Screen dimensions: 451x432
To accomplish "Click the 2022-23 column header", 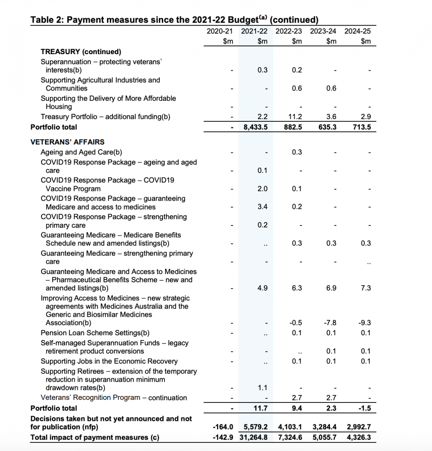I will [x=288, y=31].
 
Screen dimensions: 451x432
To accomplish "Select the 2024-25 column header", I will [x=357, y=31].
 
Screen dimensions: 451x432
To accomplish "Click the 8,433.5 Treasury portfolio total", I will [x=256, y=127].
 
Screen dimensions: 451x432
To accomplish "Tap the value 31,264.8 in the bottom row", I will [x=256, y=437].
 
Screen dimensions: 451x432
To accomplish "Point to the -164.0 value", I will [x=223, y=427].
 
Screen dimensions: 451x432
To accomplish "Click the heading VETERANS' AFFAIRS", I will [x=67, y=142].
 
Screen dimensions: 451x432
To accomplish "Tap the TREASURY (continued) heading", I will [x=81, y=52].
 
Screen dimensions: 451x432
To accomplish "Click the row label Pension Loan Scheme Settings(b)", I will [x=95, y=333].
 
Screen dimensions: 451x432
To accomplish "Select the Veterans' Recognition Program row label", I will [x=114, y=398].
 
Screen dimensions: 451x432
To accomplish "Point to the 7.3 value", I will [x=365, y=288].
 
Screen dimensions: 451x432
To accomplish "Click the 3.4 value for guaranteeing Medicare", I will [x=262, y=207].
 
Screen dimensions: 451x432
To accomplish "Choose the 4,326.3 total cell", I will [x=359, y=437].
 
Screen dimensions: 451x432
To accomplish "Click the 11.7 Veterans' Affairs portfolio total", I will [x=260, y=409].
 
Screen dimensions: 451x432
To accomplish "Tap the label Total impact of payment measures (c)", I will [x=95, y=437].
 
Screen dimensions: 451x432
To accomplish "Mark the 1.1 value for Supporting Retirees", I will [x=262, y=388].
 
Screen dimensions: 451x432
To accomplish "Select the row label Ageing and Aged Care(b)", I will [x=81, y=152].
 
